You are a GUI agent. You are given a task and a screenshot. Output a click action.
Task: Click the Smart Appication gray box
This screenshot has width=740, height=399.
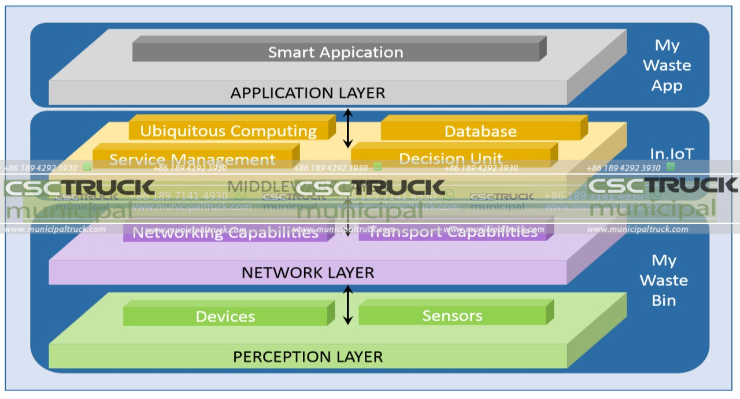pos(336,52)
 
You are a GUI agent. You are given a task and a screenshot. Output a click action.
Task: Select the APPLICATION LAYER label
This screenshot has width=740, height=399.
pos(308,93)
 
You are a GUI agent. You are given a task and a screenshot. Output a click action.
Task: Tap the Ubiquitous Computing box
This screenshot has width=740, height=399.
pos(228,131)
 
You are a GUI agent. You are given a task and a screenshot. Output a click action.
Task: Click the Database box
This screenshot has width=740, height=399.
pos(480,131)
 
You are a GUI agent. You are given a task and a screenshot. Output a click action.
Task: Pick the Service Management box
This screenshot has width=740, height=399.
pos(193,159)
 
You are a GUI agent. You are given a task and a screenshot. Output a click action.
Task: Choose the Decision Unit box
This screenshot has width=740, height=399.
pos(451,158)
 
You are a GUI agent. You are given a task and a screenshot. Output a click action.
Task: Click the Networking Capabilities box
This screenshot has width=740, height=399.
pos(225,232)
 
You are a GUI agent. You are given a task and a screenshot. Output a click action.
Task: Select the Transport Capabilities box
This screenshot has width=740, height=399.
pos(453,232)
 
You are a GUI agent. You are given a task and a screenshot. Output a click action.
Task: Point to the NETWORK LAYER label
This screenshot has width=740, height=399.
pos(308,272)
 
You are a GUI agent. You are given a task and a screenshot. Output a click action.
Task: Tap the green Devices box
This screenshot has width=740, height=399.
pos(225,316)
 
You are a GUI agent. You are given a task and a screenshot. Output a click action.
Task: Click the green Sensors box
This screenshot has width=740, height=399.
pos(452,316)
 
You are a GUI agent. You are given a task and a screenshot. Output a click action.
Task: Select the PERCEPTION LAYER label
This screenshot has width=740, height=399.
pos(308,357)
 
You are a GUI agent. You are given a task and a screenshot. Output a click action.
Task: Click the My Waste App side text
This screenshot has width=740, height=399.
pos(667,65)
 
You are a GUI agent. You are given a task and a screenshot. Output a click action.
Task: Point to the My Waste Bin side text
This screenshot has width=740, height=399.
pos(664,280)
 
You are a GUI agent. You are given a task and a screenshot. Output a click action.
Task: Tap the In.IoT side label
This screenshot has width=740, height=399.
pos(671,154)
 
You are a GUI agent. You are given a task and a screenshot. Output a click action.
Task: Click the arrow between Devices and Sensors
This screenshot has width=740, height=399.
pos(347,306)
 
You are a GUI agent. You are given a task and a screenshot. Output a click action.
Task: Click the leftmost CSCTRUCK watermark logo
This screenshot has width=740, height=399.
pos(80,187)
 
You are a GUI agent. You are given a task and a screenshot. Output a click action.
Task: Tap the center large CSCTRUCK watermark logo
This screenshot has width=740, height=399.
pos(370,187)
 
